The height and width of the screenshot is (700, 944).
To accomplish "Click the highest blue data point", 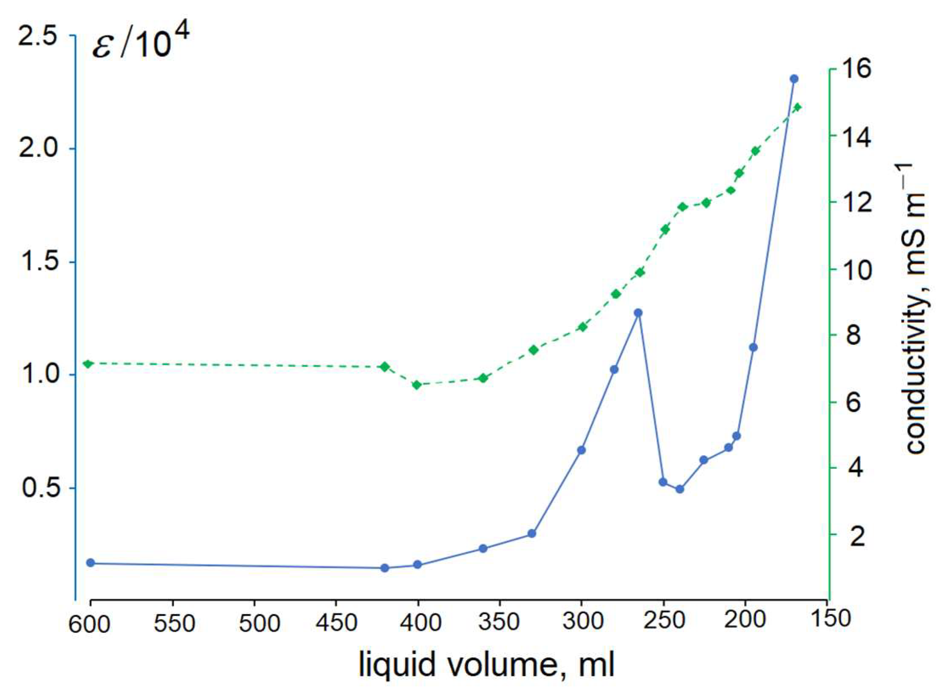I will tap(794, 79).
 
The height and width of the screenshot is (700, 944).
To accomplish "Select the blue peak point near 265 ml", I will tap(638, 313).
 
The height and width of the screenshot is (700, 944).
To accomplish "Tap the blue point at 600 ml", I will tap(90, 563).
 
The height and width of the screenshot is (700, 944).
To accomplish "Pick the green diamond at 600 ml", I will tap(88, 364).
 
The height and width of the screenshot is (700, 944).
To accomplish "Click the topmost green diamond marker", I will tap(797, 107).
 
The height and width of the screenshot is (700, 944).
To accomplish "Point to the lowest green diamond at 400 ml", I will tap(416, 385).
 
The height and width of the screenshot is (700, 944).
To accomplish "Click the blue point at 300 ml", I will tap(581, 450).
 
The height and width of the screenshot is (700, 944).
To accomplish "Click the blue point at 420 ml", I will tap(385, 568).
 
